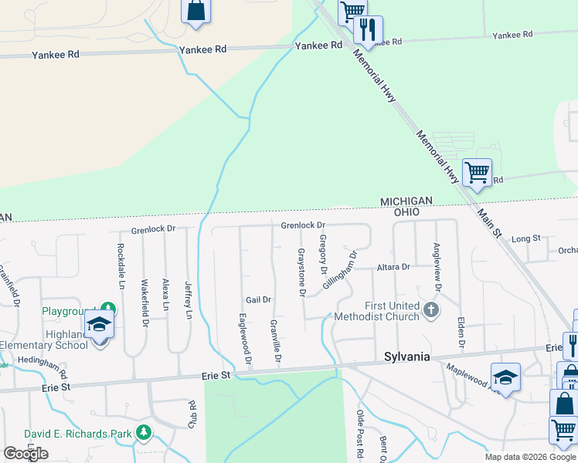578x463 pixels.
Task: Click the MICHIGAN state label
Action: (406, 201)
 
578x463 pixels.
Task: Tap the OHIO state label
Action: (406, 211)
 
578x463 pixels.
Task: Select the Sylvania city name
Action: (406, 357)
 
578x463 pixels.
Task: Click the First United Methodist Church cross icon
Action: (431, 310)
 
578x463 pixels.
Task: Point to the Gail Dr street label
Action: (258, 299)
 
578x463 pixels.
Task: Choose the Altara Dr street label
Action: (393, 267)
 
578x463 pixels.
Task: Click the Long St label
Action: (525, 239)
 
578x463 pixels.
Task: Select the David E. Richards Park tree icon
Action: (143, 433)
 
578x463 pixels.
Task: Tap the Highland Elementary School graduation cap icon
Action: (99, 324)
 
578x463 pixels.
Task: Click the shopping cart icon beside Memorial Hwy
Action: (477, 171)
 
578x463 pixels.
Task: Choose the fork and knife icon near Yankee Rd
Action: (368, 29)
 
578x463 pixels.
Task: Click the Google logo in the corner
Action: (25, 454)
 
